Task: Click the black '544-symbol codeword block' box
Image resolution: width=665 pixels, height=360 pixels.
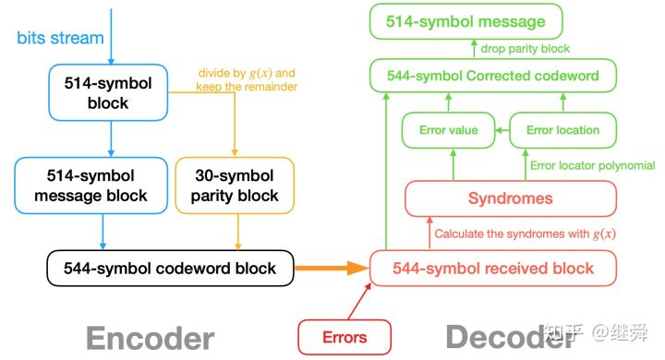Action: coord(169,269)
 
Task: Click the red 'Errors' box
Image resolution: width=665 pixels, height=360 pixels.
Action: coord(345,336)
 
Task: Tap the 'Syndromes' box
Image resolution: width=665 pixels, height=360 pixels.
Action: coord(510,198)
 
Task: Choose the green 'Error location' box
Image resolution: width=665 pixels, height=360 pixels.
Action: coord(562,130)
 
